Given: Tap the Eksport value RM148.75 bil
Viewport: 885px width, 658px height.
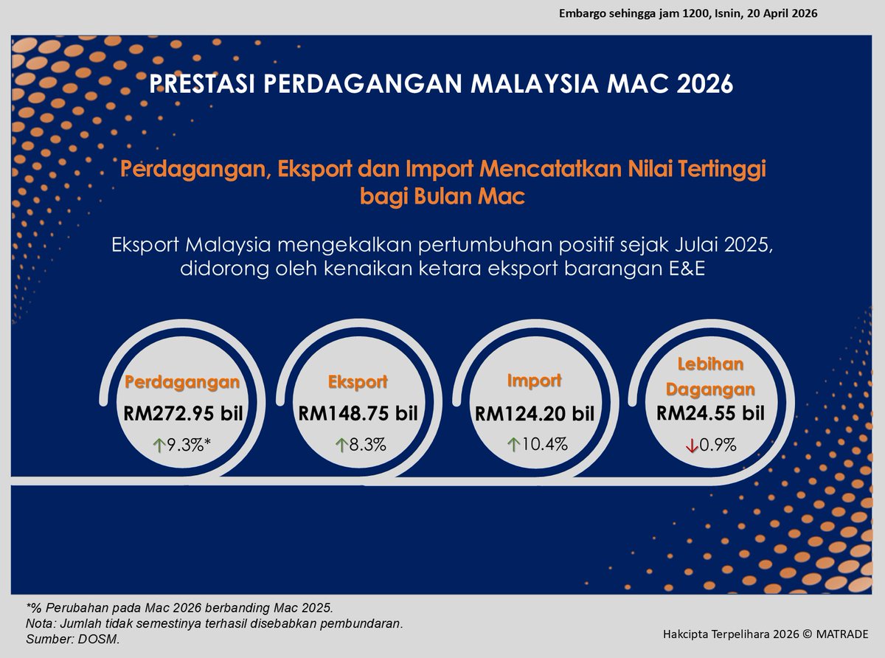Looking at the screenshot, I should coord(358,413).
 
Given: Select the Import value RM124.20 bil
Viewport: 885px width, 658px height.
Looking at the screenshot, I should coord(534,414).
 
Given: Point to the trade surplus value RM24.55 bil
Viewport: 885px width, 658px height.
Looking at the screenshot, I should coord(710,413).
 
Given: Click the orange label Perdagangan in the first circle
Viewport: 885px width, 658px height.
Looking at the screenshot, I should coord(182,382).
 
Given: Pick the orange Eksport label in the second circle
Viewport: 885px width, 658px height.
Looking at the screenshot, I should coord(358,382).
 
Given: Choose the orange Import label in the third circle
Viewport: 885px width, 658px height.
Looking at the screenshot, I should coord(534,381).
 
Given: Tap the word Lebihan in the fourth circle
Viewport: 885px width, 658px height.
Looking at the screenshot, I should coord(710,364).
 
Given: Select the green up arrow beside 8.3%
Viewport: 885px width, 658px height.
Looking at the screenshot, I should coord(341,445).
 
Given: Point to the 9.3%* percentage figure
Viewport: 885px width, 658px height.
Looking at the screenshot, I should coord(189,445).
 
